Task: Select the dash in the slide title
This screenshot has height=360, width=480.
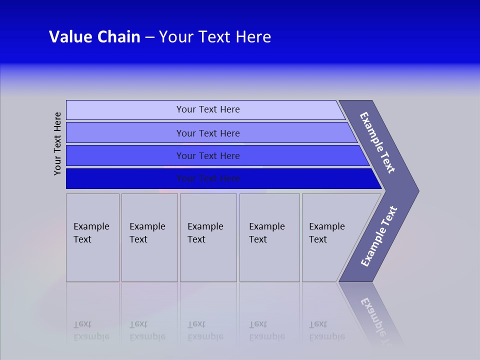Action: (x=149, y=37)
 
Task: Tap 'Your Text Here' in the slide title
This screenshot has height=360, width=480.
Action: (x=215, y=37)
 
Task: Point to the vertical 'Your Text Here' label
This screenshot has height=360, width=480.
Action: (x=57, y=143)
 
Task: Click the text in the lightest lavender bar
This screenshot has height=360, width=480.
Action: (x=208, y=109)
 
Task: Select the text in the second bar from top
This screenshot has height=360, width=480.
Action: (x=208, y=133)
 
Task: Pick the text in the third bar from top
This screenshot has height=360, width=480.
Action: (x=208, y=156)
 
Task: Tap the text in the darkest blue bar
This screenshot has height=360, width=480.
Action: (x=208, y=178)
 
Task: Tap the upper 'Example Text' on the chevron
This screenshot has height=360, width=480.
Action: (x=377, y=142)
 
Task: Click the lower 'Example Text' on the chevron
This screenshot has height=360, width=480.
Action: (x=379, y=236)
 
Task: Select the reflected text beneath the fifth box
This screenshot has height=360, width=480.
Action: (x=326, y=330)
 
